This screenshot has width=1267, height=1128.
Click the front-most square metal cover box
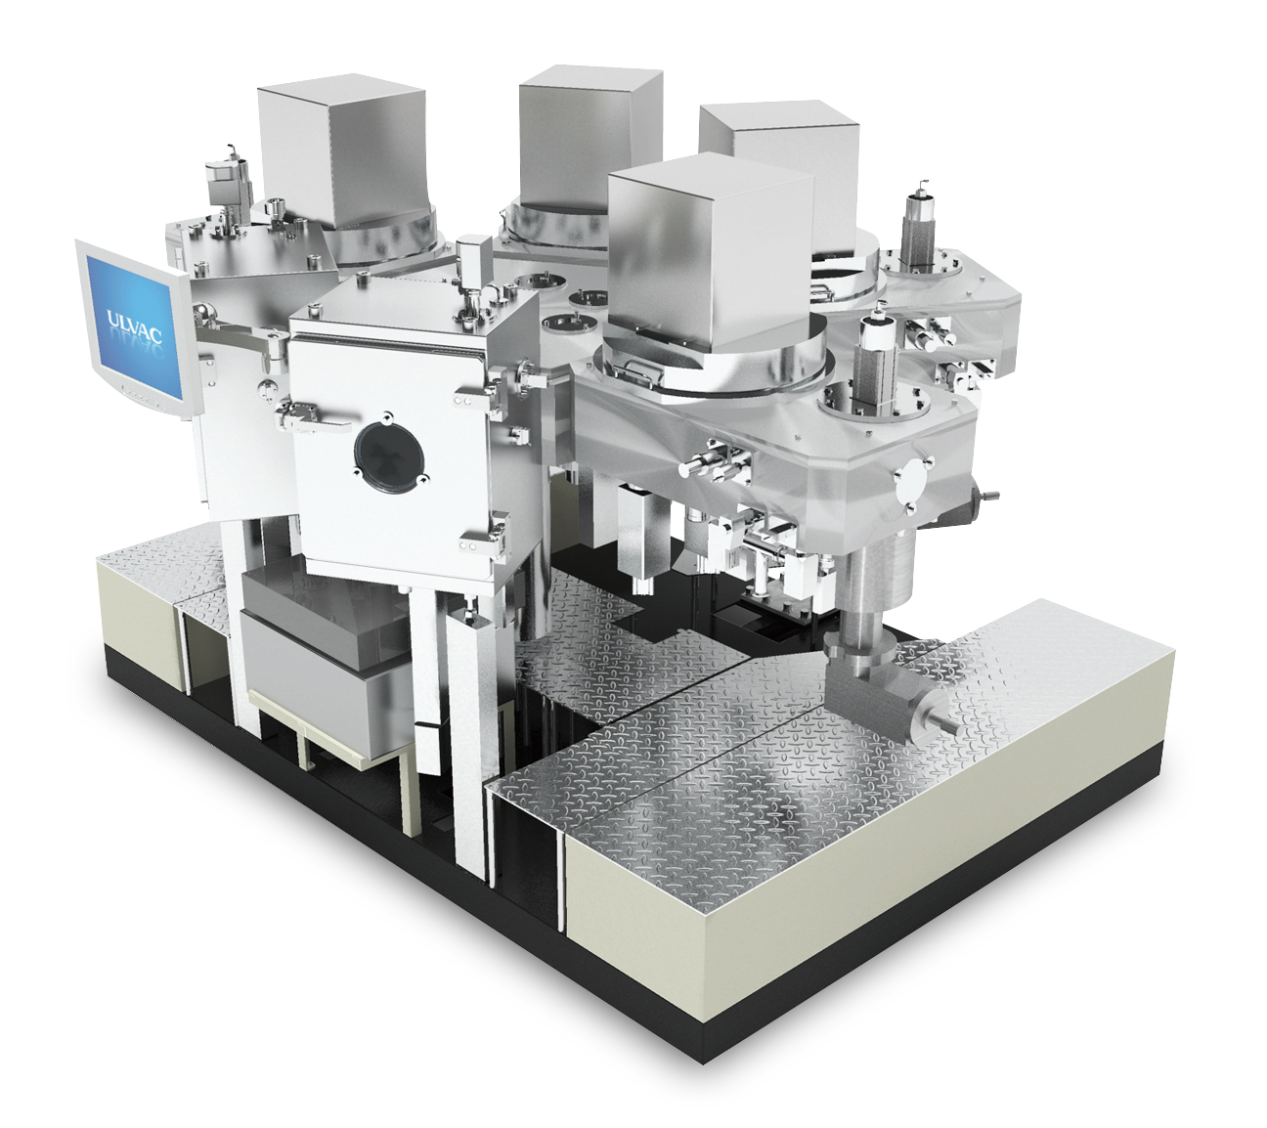(711, 250)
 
